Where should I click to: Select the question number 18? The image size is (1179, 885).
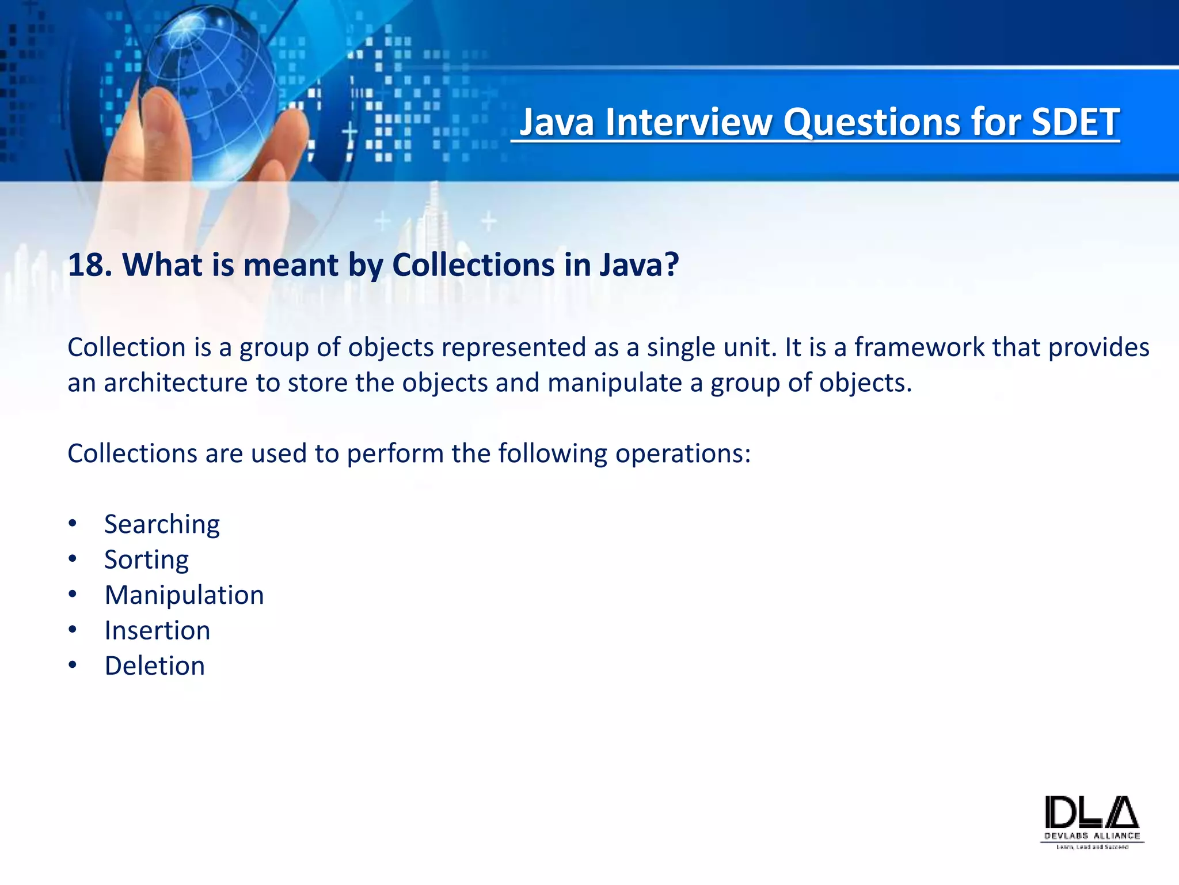86,265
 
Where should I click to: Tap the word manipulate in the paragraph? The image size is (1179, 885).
614,383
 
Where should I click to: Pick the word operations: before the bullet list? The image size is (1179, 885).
683,454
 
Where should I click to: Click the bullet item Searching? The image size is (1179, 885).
162,524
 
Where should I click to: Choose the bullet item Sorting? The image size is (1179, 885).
146,560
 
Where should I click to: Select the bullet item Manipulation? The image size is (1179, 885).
184,595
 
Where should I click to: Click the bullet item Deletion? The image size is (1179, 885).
154,666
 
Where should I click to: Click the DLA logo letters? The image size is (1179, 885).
1091,813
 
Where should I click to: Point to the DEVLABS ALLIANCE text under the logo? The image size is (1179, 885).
1092,836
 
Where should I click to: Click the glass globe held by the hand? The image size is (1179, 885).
210,86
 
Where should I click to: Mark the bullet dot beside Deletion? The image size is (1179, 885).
72,665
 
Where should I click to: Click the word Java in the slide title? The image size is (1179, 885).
556,122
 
